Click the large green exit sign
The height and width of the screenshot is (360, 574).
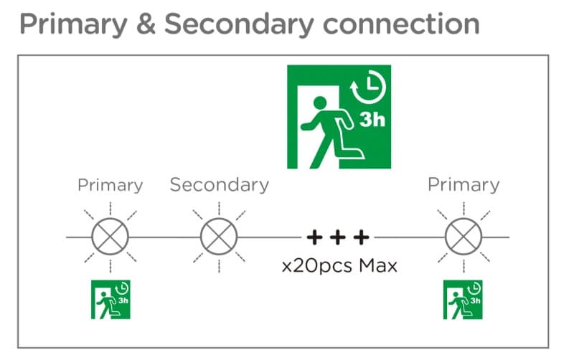pyautogui.click(x=339, y=116)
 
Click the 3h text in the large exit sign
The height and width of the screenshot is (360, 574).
pyautogui.click(x=372, y=118)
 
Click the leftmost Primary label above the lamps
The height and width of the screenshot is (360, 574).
pyautogui.click(x=110, y=185)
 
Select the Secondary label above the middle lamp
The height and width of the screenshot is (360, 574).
pyautogui.click(x=219, y=185)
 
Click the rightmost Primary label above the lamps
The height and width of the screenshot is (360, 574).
pyautogui.click(x=463, y=185)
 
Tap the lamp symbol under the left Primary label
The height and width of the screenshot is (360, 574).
pyautogui.click(x=110, y=236)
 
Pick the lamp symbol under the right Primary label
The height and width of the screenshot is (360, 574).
pyautogui.click(x=462, y=236)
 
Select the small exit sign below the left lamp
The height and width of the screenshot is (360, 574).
pyautogui.click(x=110, y=299)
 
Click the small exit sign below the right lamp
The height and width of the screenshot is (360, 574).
pyautogui.click(x=462, y=299)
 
